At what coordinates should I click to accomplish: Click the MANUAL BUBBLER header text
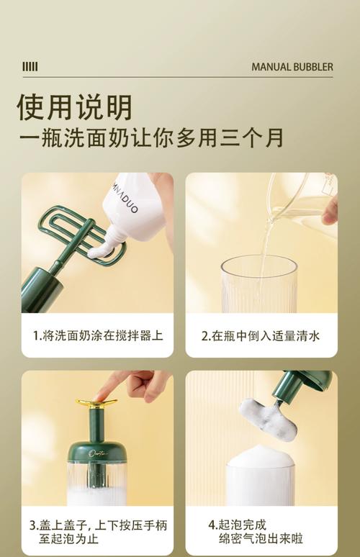coord(292,67)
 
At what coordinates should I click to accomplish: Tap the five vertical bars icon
coord(30,66)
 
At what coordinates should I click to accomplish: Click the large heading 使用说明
coord(75,107)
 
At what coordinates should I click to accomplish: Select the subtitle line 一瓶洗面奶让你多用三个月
coord(151,137)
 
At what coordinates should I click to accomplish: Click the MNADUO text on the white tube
coord(123,199)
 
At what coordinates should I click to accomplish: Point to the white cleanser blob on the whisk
coord(99,250)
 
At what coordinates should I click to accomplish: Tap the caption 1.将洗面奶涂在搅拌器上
coord(98,335)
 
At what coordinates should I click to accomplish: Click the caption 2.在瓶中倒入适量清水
coord(261,335)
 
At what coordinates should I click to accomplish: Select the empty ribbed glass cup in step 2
coord(258,284)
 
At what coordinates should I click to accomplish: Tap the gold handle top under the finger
coord(96,404)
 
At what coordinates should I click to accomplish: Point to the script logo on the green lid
coord(97,454)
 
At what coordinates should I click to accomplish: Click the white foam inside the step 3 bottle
coord(96,497)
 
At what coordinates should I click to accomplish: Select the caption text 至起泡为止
coord(68,539)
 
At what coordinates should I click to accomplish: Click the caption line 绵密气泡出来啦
coord(261,539)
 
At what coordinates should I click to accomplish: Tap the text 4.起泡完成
coord(237,525)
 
